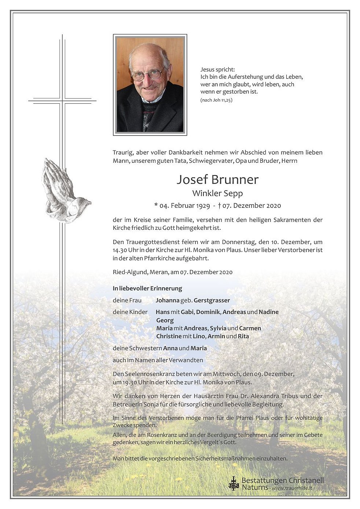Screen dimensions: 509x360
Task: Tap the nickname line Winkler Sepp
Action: pos(217,193)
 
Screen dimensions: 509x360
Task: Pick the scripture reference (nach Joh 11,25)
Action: pos(216,100)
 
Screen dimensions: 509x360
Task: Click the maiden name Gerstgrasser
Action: pos(212,300)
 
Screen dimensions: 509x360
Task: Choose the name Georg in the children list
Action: pos(165,320)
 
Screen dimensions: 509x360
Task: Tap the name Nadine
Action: pos(269,312)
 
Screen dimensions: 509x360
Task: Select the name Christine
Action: pos(169,336)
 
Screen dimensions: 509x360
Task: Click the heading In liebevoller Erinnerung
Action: pos(147,288)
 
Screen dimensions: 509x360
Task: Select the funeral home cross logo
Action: pos(233,483)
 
